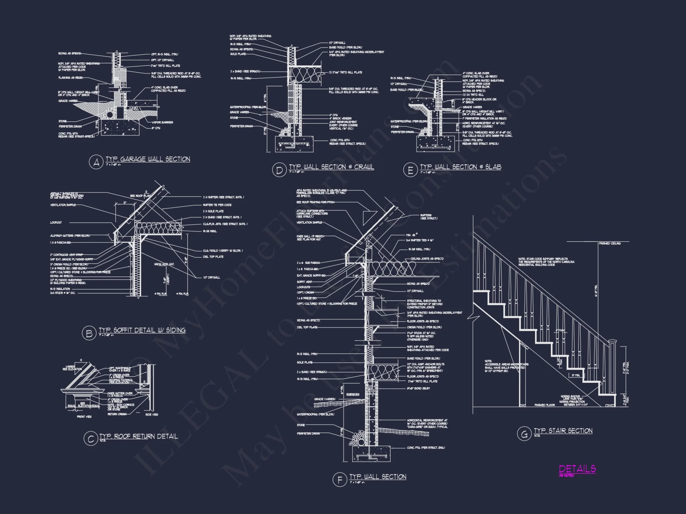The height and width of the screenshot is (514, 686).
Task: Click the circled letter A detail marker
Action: [x=96, y=162]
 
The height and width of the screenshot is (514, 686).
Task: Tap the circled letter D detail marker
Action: [x=279, y=170]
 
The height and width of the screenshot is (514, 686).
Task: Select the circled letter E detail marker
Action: [x=410, y=170]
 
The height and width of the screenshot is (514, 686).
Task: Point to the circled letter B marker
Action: [x=89, y=333]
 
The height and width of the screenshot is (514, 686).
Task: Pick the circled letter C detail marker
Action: [x=91, y=439]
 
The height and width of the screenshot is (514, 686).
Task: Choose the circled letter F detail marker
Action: [x=340, y=479]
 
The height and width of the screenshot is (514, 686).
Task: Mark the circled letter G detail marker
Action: [x=524, y=434]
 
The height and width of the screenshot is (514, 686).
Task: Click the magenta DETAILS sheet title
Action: [x=577, y=469]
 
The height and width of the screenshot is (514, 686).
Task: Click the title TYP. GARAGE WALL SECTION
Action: [x=148, y=159]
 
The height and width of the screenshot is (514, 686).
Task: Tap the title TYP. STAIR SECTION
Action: [x=563, y=431]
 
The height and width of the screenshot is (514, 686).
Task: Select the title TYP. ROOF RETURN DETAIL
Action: [x=139, y=436]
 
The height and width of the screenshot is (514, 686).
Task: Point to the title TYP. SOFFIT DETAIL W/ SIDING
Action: [x=142, y=330]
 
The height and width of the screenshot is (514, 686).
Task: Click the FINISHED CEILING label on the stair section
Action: [x=610, y=243]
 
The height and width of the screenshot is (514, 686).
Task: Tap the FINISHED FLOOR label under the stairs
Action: [x=544, y=405]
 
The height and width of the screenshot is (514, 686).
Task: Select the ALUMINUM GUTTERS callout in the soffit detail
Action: [x=70, y=236]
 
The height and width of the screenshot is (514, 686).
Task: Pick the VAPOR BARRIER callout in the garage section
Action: [x=162, y=122]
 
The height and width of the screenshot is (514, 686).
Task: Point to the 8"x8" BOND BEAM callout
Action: [x=418, y=388]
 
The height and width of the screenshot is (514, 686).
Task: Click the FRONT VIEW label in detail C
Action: [x=84, y=417]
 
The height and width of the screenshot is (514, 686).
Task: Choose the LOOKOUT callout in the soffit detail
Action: [x=56, y=223]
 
